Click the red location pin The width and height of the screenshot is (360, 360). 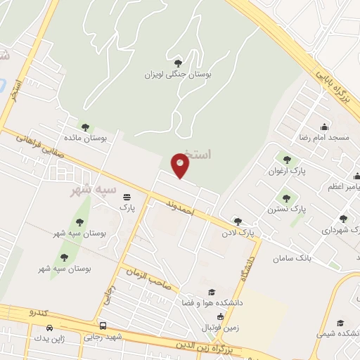coord(181,166)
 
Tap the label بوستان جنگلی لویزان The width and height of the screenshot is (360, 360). coord(179,74)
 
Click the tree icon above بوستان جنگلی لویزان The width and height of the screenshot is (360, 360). coord(178,63)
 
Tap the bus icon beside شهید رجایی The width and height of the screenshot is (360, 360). coord(103,326)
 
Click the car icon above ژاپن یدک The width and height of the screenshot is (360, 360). coord(49,328)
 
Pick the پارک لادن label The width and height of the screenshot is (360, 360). coord(237,231)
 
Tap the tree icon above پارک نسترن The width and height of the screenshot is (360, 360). coord(286,198)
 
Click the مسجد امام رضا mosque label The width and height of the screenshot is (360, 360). coord(323,138)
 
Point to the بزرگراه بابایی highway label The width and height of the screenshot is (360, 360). coord(331,88)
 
